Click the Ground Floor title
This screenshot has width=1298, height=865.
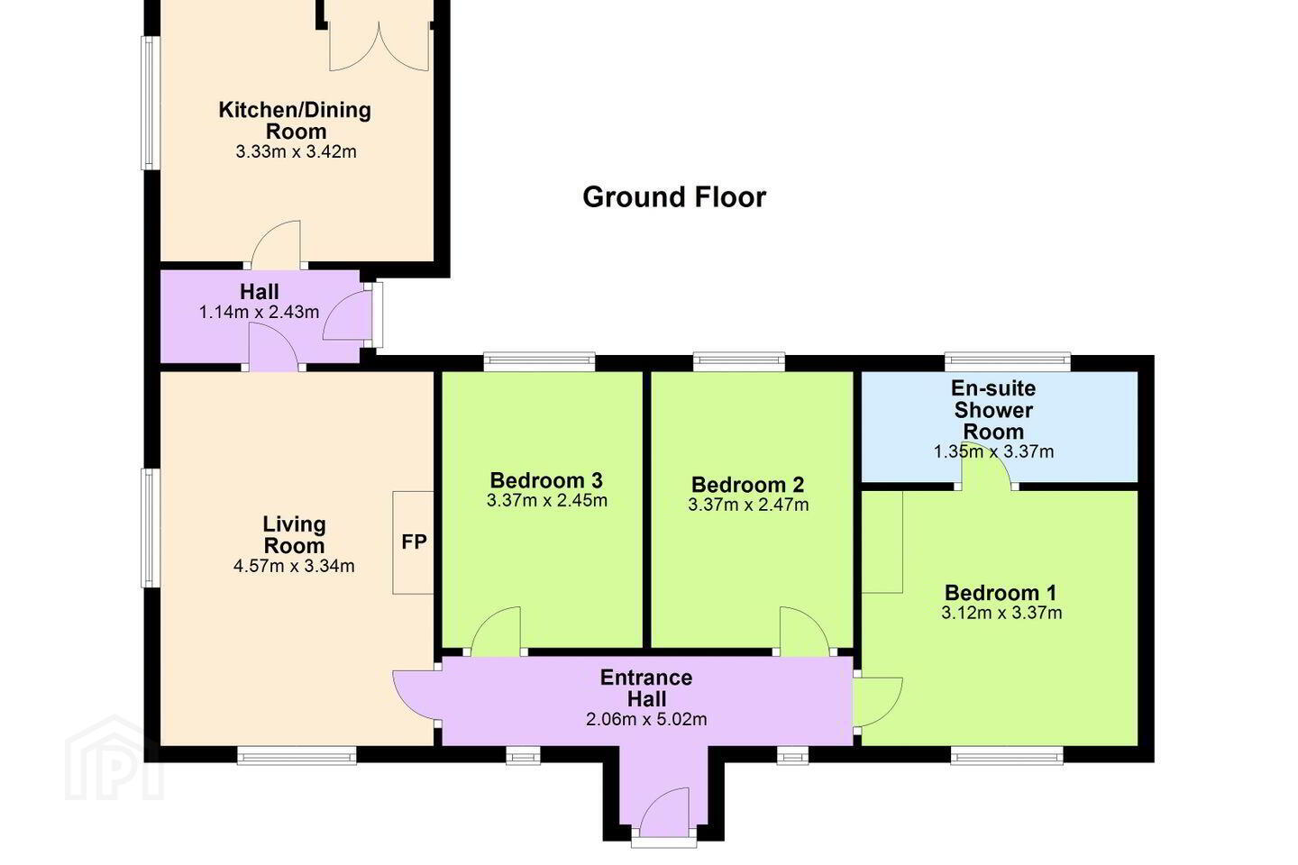674,197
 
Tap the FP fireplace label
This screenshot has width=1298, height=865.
414,542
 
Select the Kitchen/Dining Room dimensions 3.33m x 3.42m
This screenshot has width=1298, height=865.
296,151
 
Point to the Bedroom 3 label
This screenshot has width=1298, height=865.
546,480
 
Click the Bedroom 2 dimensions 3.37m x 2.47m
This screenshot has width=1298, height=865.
748,505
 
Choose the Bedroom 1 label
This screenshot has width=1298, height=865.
1001,593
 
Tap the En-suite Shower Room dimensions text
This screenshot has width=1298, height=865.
993,451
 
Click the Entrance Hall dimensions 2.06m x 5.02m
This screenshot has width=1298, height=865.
646,720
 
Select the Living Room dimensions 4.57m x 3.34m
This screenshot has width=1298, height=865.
294,566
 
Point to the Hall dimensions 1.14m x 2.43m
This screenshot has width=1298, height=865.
259,313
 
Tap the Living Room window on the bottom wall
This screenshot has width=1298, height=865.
297,755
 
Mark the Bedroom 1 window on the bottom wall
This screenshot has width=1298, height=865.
1007,755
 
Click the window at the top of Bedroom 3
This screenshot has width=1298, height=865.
539,362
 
